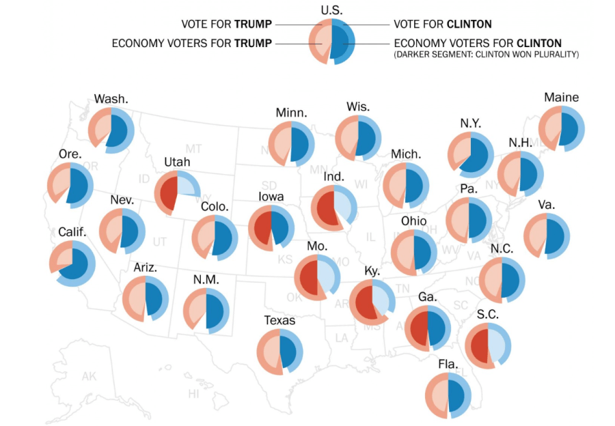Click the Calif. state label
coord(72,232)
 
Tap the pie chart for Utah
coord(176,192)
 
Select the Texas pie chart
coord(279,352)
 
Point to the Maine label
coord(561,98)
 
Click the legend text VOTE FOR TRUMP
coord(227,25)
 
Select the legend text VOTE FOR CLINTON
coord(443,25)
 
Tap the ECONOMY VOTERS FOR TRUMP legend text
coord(192,44)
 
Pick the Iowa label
coord(271,197)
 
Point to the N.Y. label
coord(470,123)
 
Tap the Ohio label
coord(413,221)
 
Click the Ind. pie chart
coord(333,208)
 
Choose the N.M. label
coord(206,279)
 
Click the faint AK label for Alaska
coord(89,376)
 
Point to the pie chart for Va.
coord(547,236)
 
